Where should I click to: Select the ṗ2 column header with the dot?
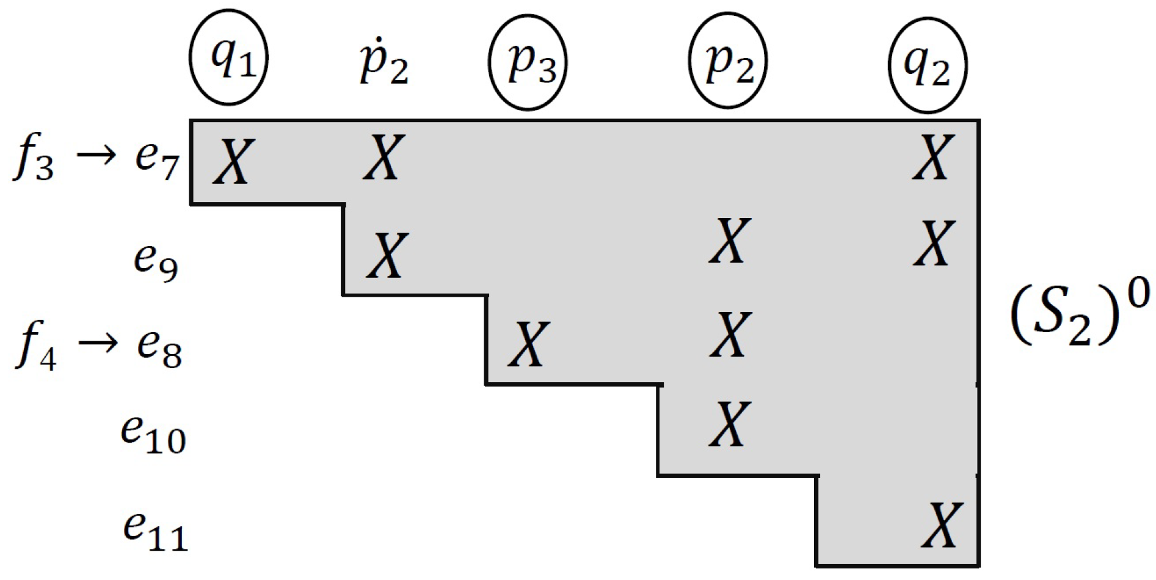click(x=384, y=62)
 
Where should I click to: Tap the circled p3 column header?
click(x=528, y=62)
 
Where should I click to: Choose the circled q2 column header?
click(x=928, y=65)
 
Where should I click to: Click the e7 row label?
click(x=157, y=160)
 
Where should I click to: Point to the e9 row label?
click(x=156, y=261)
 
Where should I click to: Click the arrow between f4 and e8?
click(x=97, y=344)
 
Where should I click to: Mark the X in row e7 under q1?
click(x=233, y=161)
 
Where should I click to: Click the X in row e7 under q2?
click(x=932, y=158)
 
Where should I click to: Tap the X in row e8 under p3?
click(x=529, y=344)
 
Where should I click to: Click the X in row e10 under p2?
click(x=729, y=424)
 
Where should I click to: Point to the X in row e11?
click(x=942, y=525)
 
